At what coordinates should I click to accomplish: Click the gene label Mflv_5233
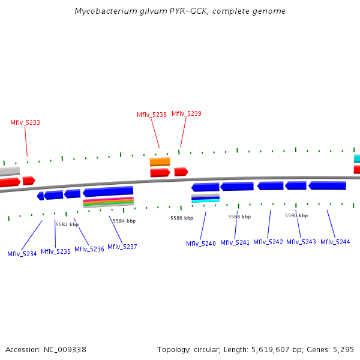tap(25, 122)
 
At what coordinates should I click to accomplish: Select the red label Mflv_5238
tap(152, 115)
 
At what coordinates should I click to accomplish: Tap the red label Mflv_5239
tap(187, 113)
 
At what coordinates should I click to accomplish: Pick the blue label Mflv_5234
tap(22, 254)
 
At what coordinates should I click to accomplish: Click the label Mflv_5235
tap(56, 251)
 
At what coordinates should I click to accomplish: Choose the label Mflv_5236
tap(89, 249)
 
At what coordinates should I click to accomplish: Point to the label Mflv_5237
tap(122, 247)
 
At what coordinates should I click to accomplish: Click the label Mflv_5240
tap(200, 244)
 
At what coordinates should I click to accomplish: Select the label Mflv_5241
tap(235, 242)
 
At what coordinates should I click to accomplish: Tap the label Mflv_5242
tap(268, 242)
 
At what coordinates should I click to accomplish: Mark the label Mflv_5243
tap(301, 242)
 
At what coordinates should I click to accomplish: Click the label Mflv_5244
tap(335, 242)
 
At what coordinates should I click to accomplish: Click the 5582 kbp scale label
tap(67, 224)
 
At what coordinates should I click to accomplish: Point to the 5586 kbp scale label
tap(182, 218)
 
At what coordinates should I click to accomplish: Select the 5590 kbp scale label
tap(296, 215)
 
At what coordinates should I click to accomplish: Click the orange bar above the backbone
tap(160, 161)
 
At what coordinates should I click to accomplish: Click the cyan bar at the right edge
tap(356, 159)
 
